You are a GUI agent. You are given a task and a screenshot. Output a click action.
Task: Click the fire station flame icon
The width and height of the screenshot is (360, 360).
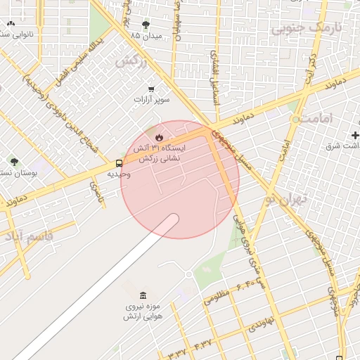tap(160, 137)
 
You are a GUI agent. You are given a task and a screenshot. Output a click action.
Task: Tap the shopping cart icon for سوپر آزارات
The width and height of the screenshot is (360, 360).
tap(151, 89)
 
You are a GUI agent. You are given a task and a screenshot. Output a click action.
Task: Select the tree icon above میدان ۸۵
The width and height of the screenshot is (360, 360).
tap(146, 25)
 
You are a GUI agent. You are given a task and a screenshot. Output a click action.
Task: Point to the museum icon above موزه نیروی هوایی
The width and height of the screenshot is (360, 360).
tap(143, 295)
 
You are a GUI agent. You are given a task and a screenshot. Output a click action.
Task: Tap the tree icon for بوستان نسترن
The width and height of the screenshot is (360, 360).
tap(13, 162)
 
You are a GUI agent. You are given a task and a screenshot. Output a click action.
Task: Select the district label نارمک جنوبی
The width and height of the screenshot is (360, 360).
tap(307, 28)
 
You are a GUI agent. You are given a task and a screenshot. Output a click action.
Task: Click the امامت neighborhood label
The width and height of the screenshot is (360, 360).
tap(323, 120)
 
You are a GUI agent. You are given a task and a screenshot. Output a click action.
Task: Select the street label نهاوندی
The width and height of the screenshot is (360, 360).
tap(260, 323)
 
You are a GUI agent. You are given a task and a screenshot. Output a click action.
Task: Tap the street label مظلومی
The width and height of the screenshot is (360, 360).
tap(217, 296)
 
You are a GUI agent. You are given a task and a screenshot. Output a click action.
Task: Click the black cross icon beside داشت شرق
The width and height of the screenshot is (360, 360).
tap(355, 134)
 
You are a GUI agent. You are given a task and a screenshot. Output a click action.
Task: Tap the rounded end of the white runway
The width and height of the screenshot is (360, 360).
tap(171, 221)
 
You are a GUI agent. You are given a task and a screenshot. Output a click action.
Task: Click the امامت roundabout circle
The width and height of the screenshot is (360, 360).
tap(295, 120)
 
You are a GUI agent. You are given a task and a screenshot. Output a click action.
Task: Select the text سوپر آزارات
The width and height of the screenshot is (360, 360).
tap(153, 101)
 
